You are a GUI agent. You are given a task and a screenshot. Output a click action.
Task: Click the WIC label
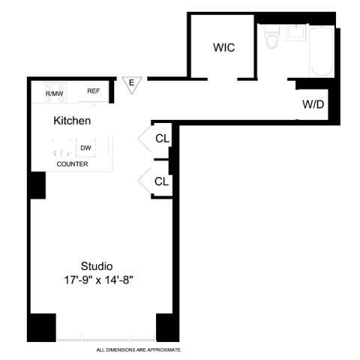click(223, 47)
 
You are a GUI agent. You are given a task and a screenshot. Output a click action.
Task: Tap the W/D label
click(313, 104)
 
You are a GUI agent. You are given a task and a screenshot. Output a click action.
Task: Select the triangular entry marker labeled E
click(132, 85)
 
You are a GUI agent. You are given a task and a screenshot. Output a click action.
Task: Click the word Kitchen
click(72, 121)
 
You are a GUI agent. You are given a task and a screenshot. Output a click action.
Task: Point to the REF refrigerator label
click(94, 91)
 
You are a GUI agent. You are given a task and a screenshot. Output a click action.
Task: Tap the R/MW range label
click(54, 94)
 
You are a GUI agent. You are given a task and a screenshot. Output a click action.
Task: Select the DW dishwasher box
click(85, 148)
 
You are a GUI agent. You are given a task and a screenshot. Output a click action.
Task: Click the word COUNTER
click(72, 164)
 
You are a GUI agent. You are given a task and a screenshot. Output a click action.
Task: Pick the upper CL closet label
click(162, 138)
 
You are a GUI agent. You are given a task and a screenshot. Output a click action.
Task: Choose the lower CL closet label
click(161, 181)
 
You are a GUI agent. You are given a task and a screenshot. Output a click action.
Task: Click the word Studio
click(97, 266)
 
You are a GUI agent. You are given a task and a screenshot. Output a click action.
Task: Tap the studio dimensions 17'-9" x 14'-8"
click(98, 280)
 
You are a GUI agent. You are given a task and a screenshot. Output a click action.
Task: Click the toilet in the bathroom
click(272, 37)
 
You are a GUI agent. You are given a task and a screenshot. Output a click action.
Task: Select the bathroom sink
click(296, 32)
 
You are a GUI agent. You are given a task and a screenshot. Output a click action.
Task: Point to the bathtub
click(322, 51)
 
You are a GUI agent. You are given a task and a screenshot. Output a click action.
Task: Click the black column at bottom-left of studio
click(41, 328)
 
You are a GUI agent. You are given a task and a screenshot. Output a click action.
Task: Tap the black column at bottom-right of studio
click(168, 328)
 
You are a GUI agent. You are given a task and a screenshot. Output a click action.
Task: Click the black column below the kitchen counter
click(38, 185)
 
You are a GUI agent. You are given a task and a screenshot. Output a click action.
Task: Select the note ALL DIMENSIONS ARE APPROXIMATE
click(139, 350)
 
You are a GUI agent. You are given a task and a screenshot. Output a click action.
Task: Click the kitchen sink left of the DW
click(62, 148)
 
